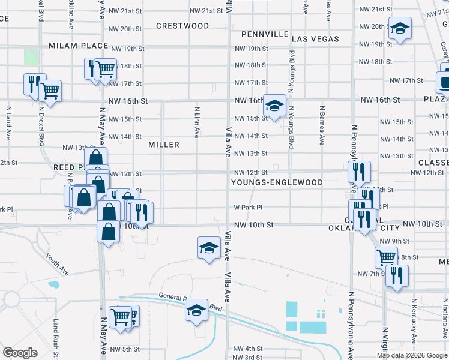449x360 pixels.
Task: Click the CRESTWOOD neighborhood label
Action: [x=182, y=26]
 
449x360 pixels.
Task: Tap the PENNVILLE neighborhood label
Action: [x=265, y=34]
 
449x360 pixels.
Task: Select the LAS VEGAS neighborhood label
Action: [x=315, y=39]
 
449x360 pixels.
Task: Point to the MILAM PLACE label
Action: [x=78, y=46]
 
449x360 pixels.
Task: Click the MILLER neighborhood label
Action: [x=164, y=145]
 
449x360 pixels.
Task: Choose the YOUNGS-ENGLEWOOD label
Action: [x=277, y=182]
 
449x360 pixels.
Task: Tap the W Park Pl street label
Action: [x=248, y=208]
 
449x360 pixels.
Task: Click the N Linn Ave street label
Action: [x=196, y=122]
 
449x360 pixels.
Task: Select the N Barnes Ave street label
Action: [x=322, y=126]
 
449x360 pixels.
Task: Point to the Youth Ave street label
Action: [x=57, y=263]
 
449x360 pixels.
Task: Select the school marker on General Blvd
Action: [x=196, y=310]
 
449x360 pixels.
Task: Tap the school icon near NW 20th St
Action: [x=399, y=28]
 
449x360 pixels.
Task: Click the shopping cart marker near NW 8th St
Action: [x=386, y=257]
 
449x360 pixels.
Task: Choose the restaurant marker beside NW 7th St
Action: [x=396, y=276]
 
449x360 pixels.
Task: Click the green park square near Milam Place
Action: [x=31, y=58]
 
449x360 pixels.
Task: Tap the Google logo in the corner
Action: [x=20, y=353]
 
